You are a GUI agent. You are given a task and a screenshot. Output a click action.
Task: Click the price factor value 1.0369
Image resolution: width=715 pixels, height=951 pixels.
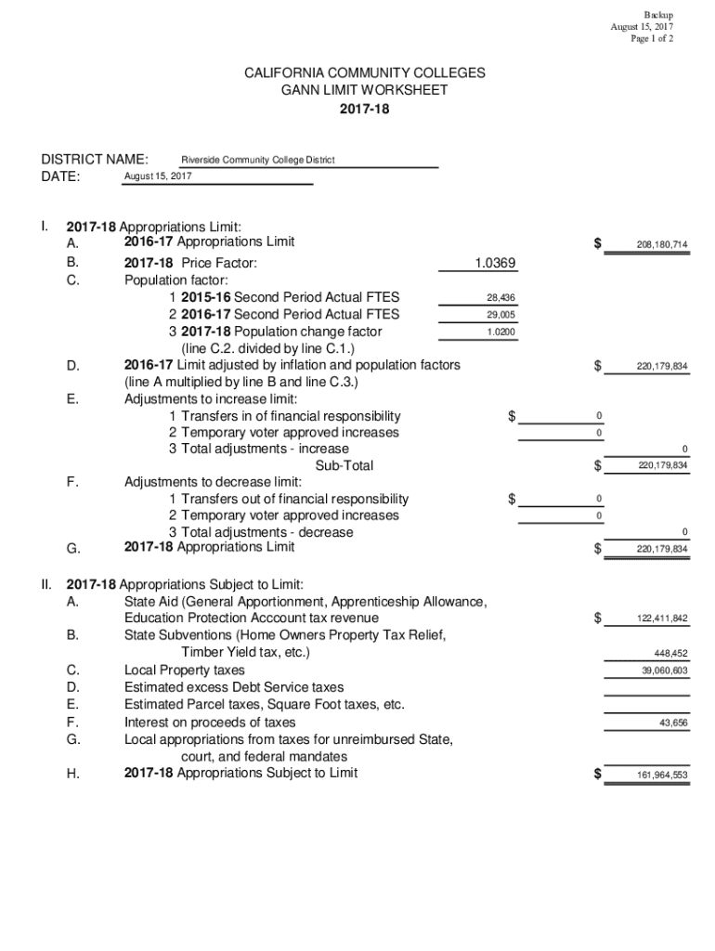(495, 264)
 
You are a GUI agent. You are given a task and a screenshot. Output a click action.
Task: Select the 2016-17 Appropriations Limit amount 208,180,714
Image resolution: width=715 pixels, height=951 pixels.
(662, 245)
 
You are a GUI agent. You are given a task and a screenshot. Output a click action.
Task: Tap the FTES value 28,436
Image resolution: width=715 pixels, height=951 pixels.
(500, 298)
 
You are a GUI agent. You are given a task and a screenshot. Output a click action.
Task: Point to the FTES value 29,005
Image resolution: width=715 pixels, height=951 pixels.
(500, 315)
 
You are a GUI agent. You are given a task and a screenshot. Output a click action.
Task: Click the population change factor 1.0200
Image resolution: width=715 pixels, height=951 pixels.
(500, 332)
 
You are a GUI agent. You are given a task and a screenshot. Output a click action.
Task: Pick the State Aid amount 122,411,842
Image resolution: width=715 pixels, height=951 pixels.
(662, 619)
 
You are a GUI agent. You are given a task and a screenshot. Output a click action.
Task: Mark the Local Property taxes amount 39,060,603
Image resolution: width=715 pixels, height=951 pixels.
(664, 671)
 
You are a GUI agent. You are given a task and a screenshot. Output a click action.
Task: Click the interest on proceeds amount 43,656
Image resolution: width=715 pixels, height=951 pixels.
(673, 723)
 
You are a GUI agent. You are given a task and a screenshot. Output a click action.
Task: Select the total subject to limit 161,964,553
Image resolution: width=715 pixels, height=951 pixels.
(662, 775)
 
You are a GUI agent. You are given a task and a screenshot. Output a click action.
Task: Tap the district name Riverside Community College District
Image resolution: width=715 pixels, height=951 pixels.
(257, 160)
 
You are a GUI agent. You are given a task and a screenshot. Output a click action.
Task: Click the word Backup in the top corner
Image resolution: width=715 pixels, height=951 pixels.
(658, 15)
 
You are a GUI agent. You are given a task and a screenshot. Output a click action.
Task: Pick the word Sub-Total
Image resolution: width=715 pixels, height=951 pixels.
(344, 466)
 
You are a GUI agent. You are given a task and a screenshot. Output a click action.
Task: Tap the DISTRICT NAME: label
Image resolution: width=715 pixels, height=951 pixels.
(94, 159)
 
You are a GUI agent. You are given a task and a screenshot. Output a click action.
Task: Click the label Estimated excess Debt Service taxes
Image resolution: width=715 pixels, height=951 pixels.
(234, 687)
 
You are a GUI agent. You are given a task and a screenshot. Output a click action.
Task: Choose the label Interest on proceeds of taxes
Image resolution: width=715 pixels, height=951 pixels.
(210, 723)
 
